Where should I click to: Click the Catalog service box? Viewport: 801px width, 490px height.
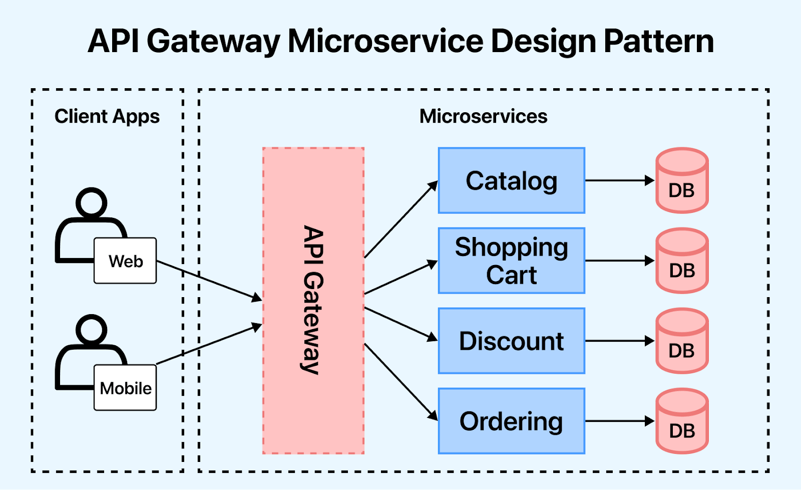(x=511, y=181)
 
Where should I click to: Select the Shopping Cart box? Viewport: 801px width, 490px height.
(x=511, y=261)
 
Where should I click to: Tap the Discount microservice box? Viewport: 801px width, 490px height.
(x=511, y=341)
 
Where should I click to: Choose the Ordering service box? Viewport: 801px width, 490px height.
(x=511, y=421)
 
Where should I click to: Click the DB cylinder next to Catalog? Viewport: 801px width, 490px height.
(x=682, y=181)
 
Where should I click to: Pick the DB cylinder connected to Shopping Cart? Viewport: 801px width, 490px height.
(x=682, y=262)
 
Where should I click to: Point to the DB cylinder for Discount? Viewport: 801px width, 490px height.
(x=682, y=342)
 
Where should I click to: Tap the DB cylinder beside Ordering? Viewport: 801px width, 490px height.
(x=682, y=422)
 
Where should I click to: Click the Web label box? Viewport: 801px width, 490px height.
(x=125, y=261)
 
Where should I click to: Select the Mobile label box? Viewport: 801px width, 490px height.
(x=125, y=388)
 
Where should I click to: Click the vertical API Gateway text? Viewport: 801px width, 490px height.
(x=313, y=300)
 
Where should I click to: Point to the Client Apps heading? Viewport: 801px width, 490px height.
(x=107, y=116)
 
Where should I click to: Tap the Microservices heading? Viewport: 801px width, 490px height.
(x=483, y=116)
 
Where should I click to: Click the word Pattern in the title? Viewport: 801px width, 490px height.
(x=659, y=41)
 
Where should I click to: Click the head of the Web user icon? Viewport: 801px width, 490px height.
(x=91, y=203)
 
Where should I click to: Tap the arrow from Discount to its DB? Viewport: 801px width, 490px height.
(x=619, y=341)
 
